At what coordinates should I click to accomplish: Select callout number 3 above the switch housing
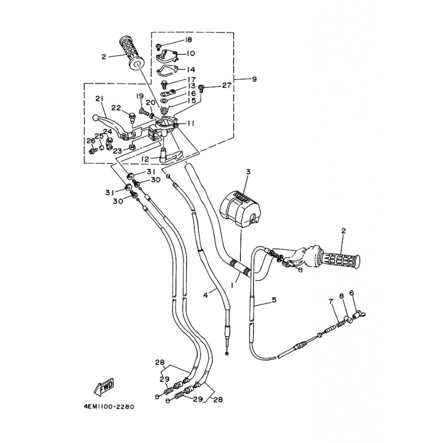tap(248, 172)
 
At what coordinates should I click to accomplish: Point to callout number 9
tap(254, 79)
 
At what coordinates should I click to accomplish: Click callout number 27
tap(225, 85)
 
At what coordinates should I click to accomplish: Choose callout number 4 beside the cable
tap(205, 296)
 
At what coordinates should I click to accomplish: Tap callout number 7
tap(331, 301)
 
